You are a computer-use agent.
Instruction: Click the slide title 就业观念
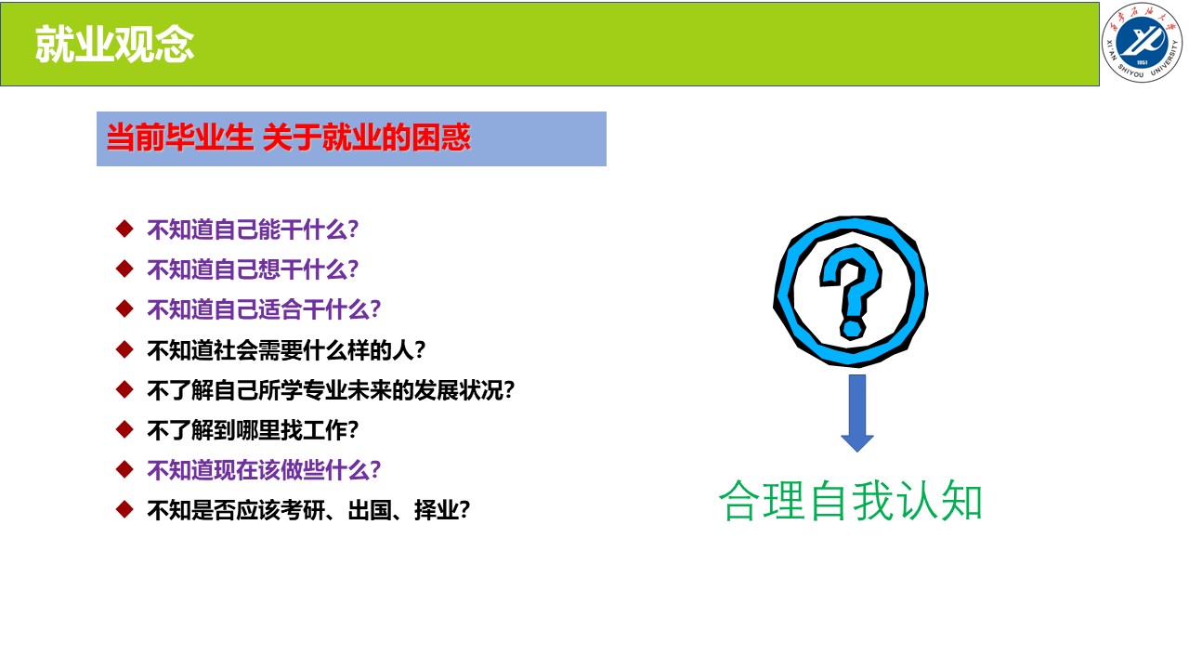click(x=114, y=45)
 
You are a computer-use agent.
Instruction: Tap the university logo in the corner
click(x=1142, y=43)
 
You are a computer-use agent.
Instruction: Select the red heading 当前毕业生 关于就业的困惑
click(x=288, y=138)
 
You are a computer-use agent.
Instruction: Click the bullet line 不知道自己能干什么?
click(x=253, y=230)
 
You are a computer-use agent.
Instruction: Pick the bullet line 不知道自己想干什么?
click(x=253, y=269)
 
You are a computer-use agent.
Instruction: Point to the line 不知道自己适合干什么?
click(x=264, y=309)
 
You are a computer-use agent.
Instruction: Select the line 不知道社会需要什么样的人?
click(x=286, y=350)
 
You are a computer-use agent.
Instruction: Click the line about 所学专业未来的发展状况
click(x=331, y=390)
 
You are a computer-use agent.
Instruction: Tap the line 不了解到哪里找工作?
click(x=253, y=430)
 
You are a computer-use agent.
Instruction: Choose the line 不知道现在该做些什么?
click(x=264, y=470)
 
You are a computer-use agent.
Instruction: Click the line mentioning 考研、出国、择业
click(x=308, y=510)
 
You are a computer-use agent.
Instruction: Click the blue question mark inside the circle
click(x=851, y=291)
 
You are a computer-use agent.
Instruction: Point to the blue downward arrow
click(x=857, y=413)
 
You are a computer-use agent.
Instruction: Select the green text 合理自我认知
click(x=850, y=501)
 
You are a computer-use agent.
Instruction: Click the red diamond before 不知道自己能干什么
click(x=124, y=229)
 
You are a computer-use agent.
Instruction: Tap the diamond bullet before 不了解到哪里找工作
click(x=124, y=429)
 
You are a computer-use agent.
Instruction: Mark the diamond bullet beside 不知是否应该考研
click(x=124, y=509)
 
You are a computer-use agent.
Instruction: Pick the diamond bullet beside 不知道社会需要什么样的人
click(x=124, y=349)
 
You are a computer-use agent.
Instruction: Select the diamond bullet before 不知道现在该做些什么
click(x=124, y=469)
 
